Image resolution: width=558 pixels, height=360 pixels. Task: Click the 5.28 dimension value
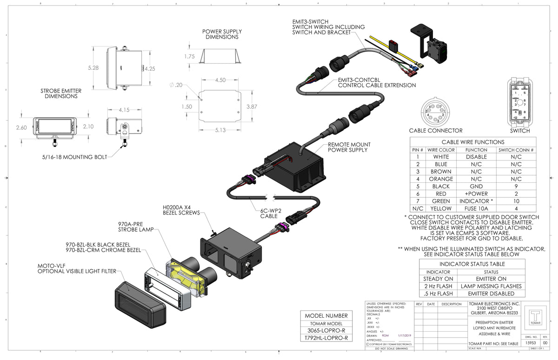[x=93, y=68]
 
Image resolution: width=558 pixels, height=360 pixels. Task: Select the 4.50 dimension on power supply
[x=220, y=80]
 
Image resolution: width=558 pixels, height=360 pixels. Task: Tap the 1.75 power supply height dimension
[x=189, y=56]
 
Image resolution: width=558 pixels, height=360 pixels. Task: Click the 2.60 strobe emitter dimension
[x=21, y=127]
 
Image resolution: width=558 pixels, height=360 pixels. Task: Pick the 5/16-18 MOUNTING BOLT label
[x=75, y=157]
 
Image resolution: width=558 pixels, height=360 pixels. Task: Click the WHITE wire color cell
[x=440, y=157]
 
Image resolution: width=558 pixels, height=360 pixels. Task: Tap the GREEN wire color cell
[x=440, y=201]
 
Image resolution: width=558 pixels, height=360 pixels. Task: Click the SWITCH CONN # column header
[x=516, y=150]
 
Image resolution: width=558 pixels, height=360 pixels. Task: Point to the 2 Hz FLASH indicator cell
[x=438, y=286]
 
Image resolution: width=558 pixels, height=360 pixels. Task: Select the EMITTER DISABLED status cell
[x=491, y=293]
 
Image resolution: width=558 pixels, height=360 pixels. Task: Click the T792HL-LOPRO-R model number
[x=326, y=338]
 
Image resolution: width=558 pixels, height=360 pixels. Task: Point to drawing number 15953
[x=530, y=342]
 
